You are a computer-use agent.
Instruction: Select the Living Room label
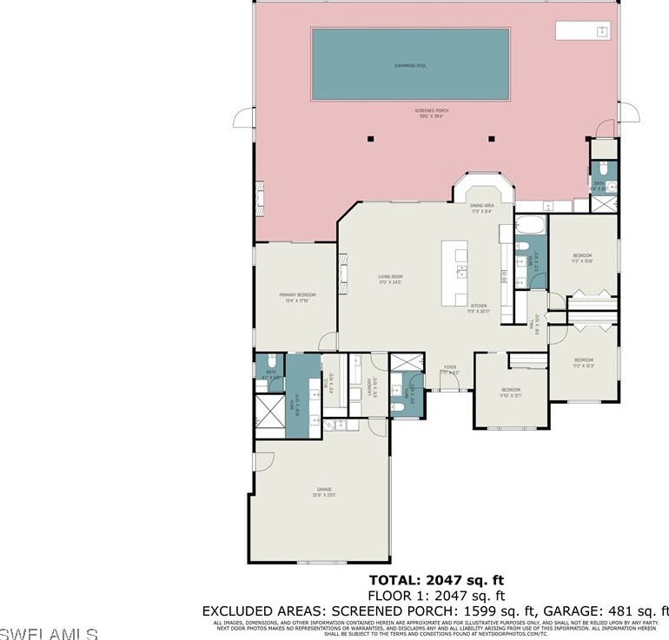[390, 280]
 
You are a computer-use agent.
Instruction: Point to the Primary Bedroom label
[297, 297]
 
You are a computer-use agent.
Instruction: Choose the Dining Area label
[481, 208]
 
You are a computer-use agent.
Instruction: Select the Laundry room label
[369, 386]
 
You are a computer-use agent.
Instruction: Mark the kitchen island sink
[460, 274]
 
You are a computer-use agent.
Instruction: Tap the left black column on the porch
[370, 138]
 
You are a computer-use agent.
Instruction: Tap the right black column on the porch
[491, 138]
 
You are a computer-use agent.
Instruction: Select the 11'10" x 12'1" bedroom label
[510, 392]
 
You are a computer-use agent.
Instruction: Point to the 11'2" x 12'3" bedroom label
[583, 362]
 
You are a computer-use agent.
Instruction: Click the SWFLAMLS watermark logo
[50, 631]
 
